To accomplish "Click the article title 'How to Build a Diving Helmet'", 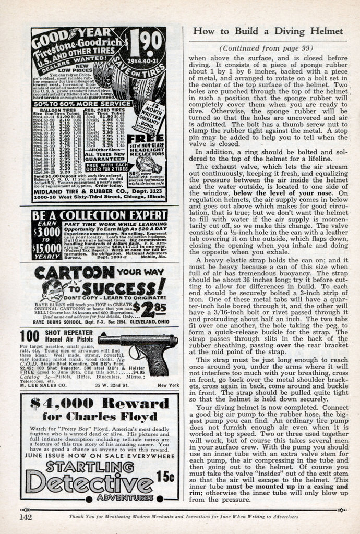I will click(268, 31).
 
